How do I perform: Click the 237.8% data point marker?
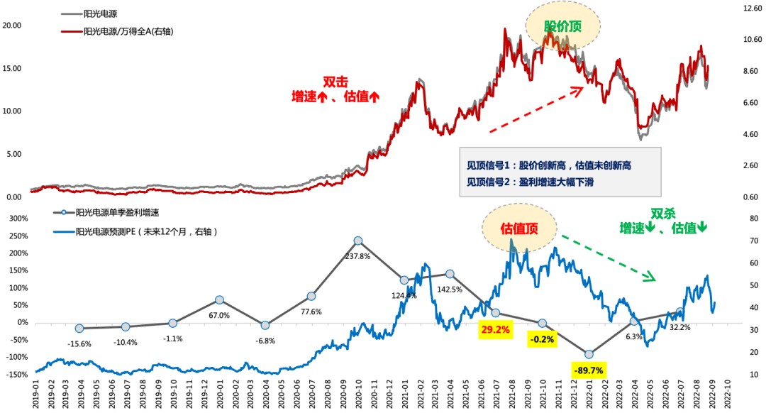click(358, 241)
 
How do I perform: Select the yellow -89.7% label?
click(589, 370)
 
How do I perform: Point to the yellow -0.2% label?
click(543, 340)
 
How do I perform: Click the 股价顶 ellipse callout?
click(562, 26)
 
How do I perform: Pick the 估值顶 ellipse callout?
click(519, 228)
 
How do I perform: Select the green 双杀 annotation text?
click(663, 213)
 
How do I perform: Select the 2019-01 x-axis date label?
click(33, 391)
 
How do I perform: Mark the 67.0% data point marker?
click(220, 300)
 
